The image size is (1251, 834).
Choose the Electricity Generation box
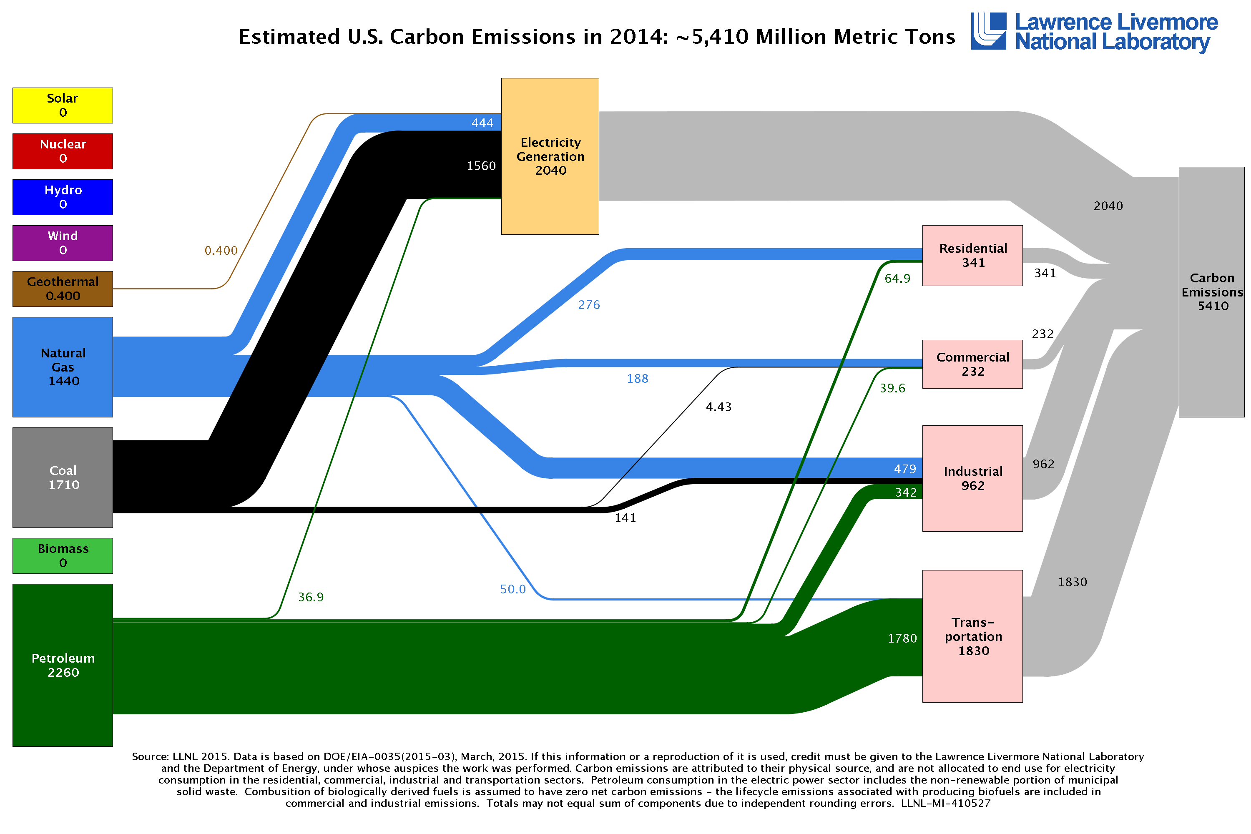coord(550,156)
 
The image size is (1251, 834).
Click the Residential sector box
coord(972,255)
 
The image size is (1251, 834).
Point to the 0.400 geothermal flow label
coord(221,251)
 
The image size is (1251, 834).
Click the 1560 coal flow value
coord(481,166)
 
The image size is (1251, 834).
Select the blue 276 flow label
coord(589,305)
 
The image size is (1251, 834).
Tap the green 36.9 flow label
coord(311,597)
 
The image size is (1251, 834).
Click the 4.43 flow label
coord(718,407)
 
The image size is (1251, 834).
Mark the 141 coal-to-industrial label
coord(625,518)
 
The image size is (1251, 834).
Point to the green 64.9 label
coord(897,279)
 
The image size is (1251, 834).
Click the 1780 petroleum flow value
coord(902,638)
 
